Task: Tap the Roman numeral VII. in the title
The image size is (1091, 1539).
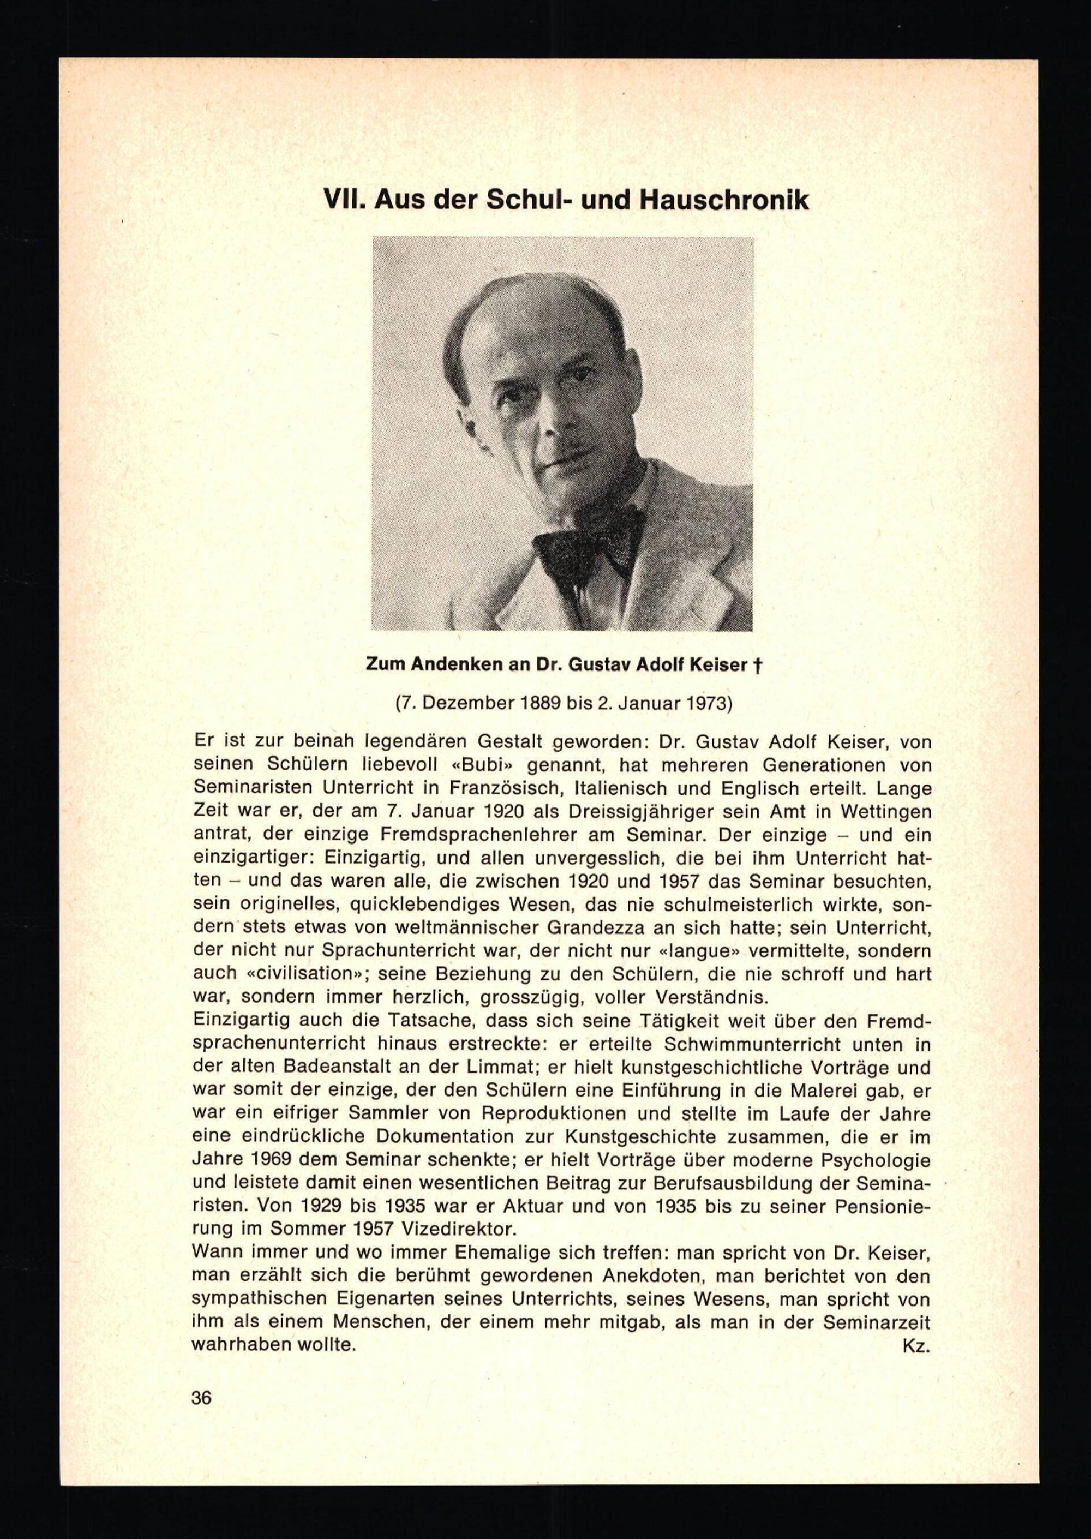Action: pyautogui.click(x=344, y=200)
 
